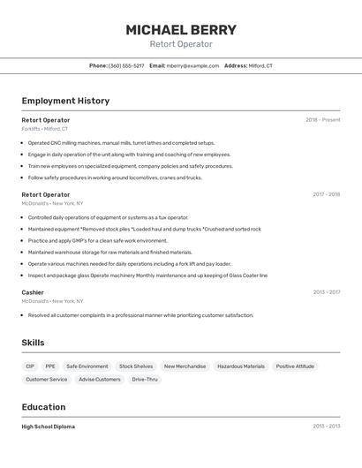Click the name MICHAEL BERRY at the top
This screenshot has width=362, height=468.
pyautogui.click(x=181, y=29)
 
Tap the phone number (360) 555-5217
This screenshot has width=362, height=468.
pyautogui.click(x=126, y=65)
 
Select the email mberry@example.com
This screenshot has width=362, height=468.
pyautogui.click(x=192, y=65)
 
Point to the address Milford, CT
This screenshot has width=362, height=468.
pyautogui.click(x=260, y=65)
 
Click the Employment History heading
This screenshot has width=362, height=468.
pyautogui.click(x=65, y=101)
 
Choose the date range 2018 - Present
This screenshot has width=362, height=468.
pyautogui.click(x=322, y=120)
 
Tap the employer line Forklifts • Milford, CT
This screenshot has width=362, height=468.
pyautogui.click(x=44, y=129)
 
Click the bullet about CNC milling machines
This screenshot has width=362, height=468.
pyautogui.click(x=121, y=142)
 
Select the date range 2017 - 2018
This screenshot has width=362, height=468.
pyautogui.click(x=326, y=194)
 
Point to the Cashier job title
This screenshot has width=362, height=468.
pyautogui.click(x=33, y=292)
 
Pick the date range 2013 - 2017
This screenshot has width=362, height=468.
pyautogui.click(x=326, y=292)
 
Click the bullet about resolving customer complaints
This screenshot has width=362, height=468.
pyautogui.click(x=140, y=315)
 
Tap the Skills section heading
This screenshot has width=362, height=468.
pyautogui.click(x=33, y=343)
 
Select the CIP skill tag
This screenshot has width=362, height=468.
pyautogui.click(x=30, y=366)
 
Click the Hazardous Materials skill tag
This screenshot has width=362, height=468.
pyautogui.click(x=241, y=366)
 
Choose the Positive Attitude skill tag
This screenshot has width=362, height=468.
pyautogui.click(x=295, y=366)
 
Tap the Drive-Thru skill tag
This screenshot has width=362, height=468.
pyautogui.click(x=145, y=380)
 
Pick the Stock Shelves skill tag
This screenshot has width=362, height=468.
pyautogui.click(x=136, y=366)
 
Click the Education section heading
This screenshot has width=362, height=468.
pyautogui.click(x=43, y=407)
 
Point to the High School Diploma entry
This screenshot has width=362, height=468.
pyautogui.click(x=48, y=426)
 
